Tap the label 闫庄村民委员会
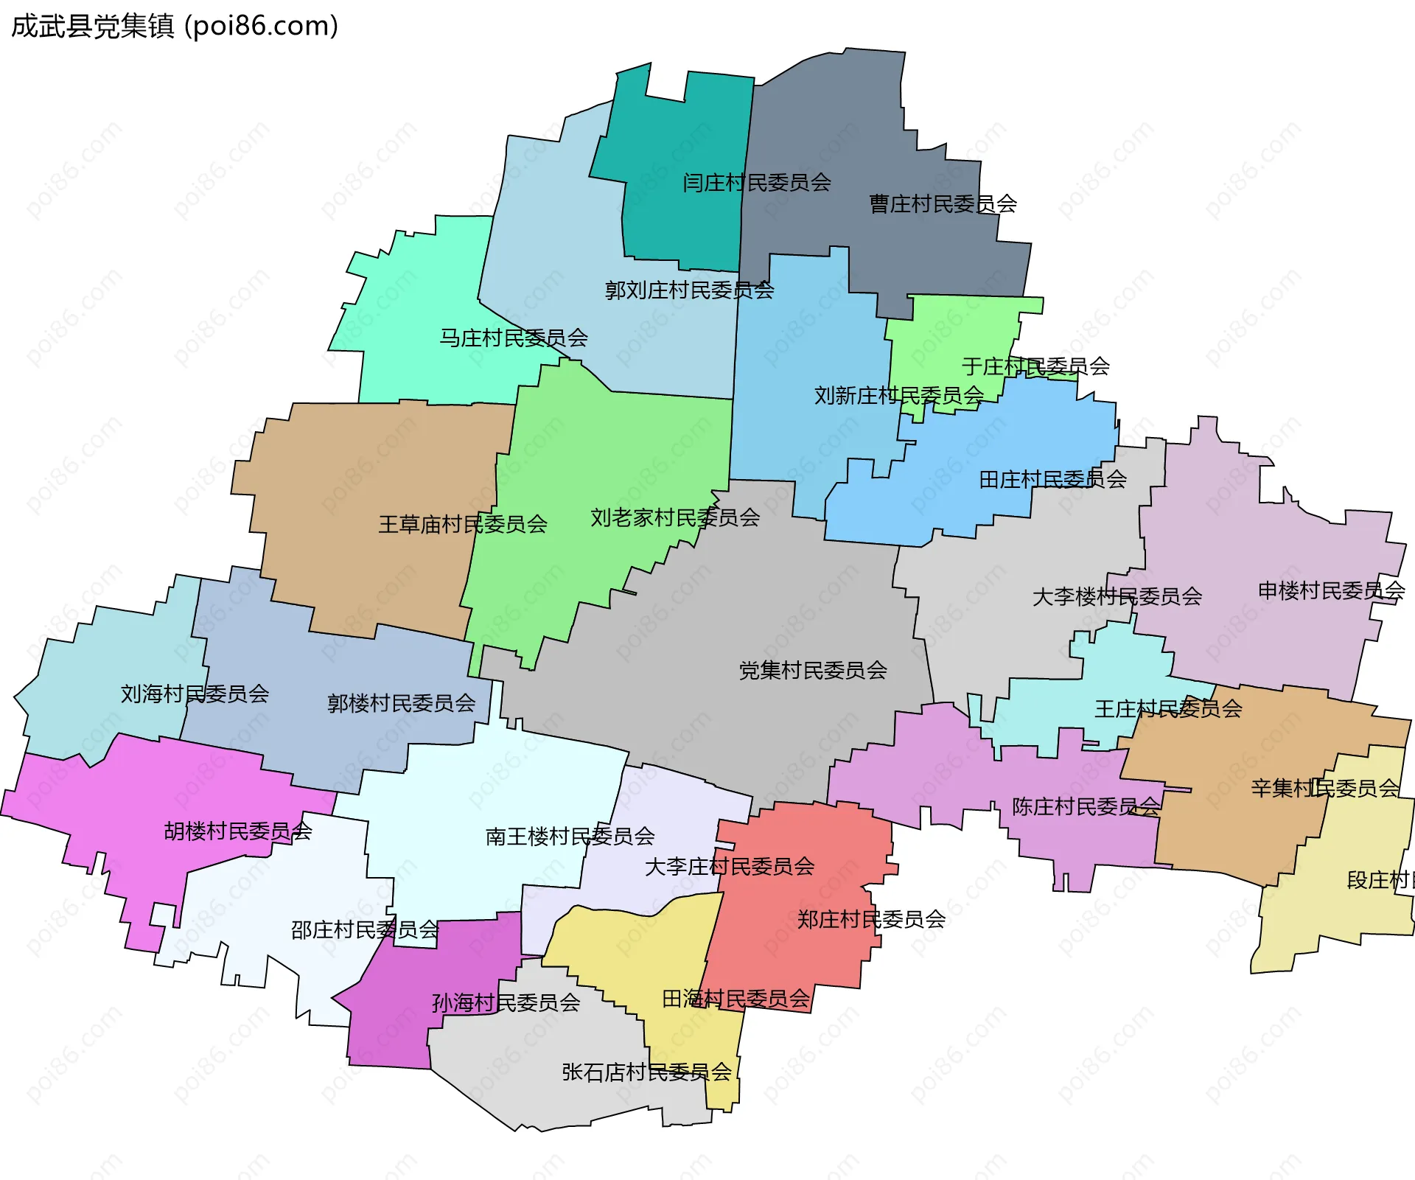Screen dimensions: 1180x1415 tap(756, 182)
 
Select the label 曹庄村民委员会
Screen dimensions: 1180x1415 tap(943, 203)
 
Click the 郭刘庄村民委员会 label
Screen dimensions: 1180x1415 tap(689, 290)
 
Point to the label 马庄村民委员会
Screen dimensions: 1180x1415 tap(514, 338)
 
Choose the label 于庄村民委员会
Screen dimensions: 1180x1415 tap(1035, 366)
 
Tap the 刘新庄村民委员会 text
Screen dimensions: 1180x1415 tap(898, 395)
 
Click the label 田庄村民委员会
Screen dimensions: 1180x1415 tap(1052, 479)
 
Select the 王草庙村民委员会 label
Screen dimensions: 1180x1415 tap(462, 524)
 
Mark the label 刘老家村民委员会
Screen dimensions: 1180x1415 tap(674, 517)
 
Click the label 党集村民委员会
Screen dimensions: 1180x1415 tap(813, 670)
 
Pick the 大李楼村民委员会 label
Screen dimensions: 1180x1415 tap(1117, 596)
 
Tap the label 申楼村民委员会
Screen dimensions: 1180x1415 tap(1331, 590)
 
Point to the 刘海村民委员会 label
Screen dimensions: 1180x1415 tap(195, 694)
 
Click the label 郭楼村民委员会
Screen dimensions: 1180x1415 tap(401, 703)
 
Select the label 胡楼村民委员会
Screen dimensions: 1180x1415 tap(237, 831)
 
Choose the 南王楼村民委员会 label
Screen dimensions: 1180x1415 tap(570, 836)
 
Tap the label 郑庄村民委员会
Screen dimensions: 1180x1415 tap(871, 919)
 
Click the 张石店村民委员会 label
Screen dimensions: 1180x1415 tap(646, 1072)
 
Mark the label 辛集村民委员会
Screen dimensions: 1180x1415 tap(1324, 788)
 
